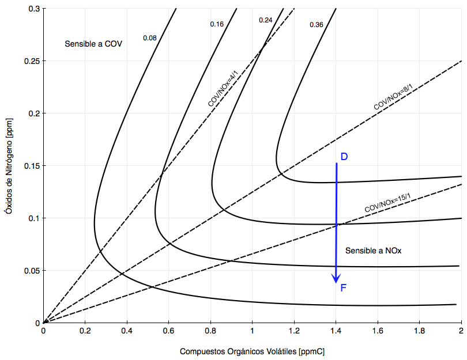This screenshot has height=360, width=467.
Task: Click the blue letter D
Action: click(344, 157)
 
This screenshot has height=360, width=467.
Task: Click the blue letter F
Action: click(344, 287)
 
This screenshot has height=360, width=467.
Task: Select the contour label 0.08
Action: click(150, 38)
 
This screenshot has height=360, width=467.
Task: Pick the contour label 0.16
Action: click(217, 24)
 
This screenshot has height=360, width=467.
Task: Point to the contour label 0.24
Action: click(266, 20)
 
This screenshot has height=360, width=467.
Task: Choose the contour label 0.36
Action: click(317, 25)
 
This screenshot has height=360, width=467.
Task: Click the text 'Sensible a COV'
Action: click(93, 44)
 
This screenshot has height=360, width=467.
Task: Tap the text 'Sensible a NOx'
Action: click(373, 251)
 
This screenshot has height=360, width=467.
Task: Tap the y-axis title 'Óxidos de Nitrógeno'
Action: click(8, 166)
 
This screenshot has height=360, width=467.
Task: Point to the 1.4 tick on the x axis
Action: click(336, 331)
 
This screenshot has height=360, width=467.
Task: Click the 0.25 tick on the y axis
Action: click(30, 61)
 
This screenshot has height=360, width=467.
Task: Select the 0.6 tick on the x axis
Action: click(168, 331)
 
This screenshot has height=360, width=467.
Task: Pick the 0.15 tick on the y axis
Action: click(30, 166)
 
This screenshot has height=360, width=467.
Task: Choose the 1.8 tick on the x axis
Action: click(419, 331)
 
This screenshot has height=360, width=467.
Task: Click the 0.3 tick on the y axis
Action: click(33, 9)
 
